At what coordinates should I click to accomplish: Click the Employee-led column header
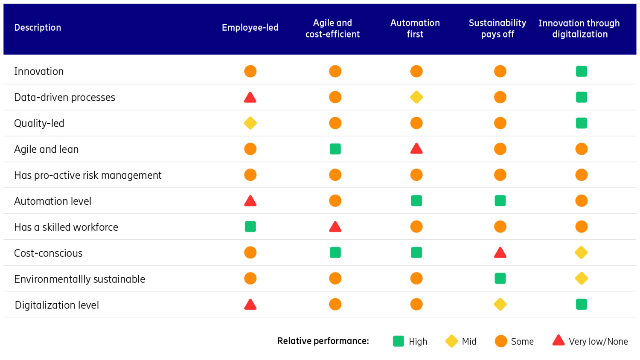click(x=250, y=28)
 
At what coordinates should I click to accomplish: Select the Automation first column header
click(x=415, y=29)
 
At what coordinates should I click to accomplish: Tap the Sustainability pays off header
click(x=497, y=29)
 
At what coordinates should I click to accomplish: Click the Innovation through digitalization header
click(x=579, y=29)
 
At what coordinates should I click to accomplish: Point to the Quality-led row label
click(x=39, y=123)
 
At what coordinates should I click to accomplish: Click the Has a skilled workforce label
click(x=66, y=227)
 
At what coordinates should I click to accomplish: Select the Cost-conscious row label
click(x=48, y=253)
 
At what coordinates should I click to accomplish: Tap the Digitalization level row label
click(x=57, y=305)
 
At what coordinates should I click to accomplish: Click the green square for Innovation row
click(x=581, y=71)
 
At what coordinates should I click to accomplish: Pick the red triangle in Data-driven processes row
click(x=250, y=98)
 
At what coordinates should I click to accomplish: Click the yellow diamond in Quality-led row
click(x=250, y=123)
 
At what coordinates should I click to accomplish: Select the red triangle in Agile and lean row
click(x=416, y=149)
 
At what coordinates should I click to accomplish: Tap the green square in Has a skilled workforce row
click(x=250, y=226)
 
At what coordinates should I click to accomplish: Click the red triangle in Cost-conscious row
click(x=500, y=253)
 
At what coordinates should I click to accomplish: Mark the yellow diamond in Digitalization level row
click(x=500, y=304)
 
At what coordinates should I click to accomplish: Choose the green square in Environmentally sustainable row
click(x=500, y=279)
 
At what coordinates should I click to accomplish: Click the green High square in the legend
click(x=398, y=341)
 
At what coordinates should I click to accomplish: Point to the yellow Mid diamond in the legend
click(x=451, y=341)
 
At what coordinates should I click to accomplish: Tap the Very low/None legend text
click(x=598, y=342)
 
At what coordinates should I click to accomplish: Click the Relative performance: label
click(x=323, y=341)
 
